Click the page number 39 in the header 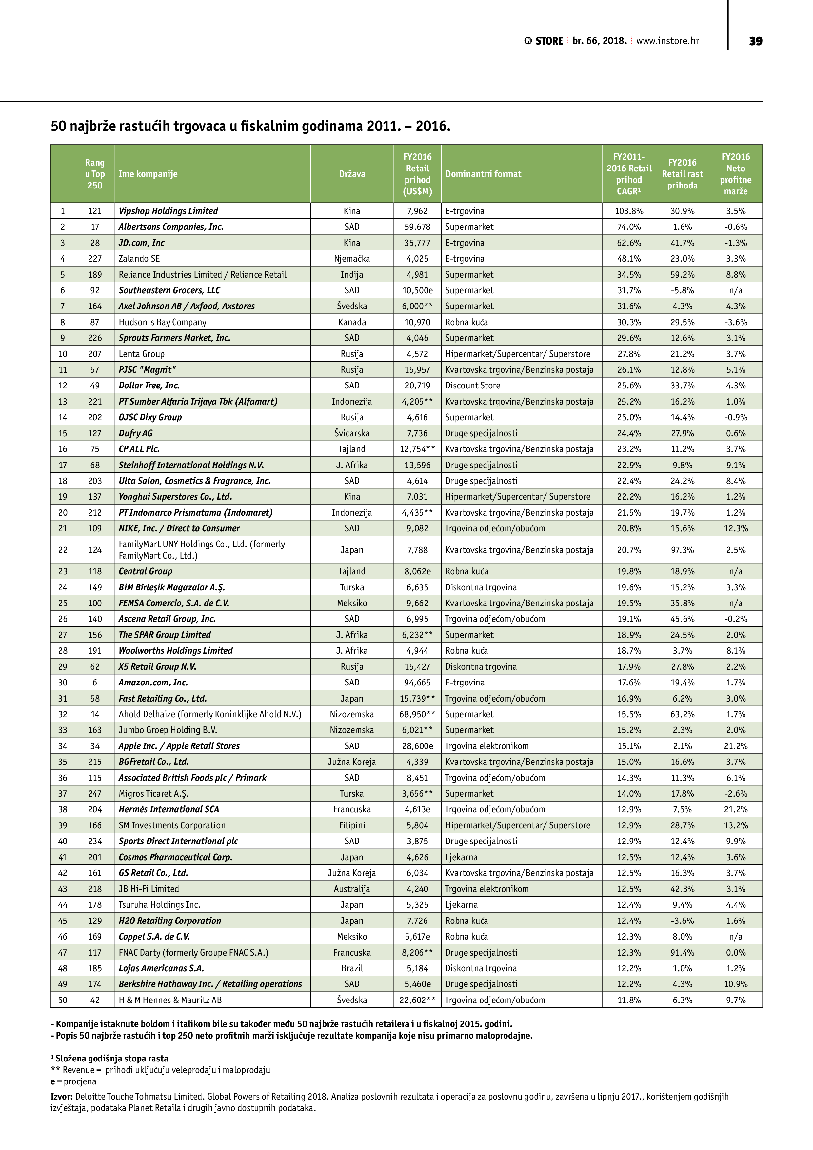coord(755,41)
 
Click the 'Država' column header coord(352,174)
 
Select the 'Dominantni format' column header coord(483,174)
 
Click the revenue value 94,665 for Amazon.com coord(417,682)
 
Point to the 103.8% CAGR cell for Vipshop coord(629,211)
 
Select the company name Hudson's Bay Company coord(162,322)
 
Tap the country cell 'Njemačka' coord(352,258)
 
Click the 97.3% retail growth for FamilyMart coord(682,550)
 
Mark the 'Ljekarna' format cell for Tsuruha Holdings coord(461,904)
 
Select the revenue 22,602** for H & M coord(417,1000)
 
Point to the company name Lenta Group coord(141,354)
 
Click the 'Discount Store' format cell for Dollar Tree coord(472,386)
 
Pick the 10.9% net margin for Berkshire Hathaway coord(735,984)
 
